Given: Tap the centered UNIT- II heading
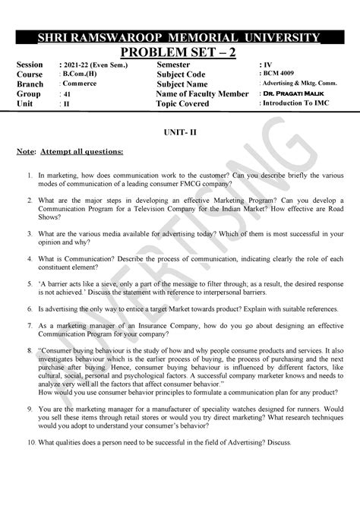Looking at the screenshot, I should (x=179, y=131).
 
